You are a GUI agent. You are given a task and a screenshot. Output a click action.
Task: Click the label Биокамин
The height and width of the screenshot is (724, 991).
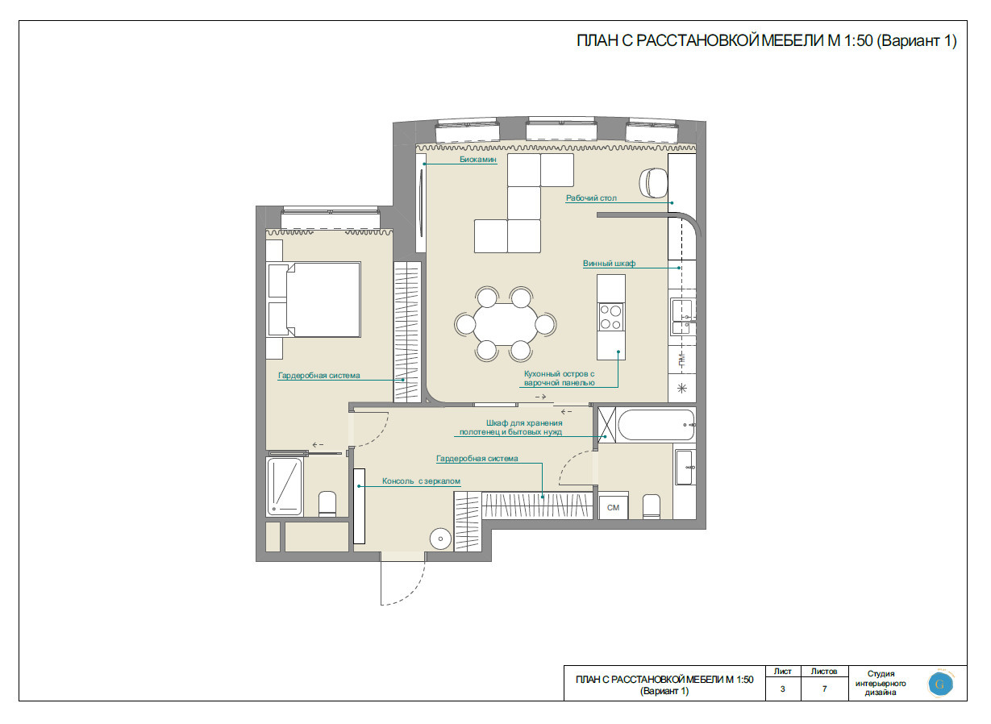coord(478,159)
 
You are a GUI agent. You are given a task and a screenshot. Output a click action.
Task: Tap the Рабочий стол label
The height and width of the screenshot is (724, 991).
coord(591,198)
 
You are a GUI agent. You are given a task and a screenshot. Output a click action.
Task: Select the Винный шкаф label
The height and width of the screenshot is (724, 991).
coord(609,263)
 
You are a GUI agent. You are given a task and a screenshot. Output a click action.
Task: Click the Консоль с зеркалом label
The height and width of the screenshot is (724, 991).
coord(421,481)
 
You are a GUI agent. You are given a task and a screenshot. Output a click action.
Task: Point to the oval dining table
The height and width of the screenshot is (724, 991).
coord(506,324)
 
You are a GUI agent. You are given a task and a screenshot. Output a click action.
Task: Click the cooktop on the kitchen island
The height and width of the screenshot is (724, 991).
coord(611,317)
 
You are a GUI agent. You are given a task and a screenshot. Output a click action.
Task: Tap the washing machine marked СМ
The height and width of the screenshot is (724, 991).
coord(613,507)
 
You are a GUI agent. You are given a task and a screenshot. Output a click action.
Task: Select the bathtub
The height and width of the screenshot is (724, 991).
coord(656,425)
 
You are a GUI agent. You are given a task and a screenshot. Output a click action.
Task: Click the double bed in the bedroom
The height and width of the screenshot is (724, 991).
coord(314,299)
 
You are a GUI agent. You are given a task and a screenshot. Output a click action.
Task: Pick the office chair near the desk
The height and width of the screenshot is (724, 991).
coord(653,182)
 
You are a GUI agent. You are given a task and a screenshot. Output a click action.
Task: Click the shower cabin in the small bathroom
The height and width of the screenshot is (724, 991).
coord(285,486)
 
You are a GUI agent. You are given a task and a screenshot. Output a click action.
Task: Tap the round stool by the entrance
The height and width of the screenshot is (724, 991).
coord(440,539)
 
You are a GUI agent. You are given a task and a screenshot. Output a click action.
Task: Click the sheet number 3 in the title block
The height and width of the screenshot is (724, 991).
coord(783,689)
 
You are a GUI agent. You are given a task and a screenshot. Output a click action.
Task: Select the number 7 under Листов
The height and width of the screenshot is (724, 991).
coord(824,689)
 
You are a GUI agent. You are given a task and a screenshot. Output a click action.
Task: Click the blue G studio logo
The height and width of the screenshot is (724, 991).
coord(940,684)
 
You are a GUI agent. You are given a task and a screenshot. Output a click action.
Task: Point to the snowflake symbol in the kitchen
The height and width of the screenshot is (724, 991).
coord(681,389)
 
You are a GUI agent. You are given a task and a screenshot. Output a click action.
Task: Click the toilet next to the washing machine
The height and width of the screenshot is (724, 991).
coord(652,507)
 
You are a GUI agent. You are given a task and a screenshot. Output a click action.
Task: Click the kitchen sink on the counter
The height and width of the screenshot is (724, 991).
coord(681,317)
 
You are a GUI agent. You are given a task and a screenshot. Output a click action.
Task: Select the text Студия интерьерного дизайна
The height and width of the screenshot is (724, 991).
coord(881,683)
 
